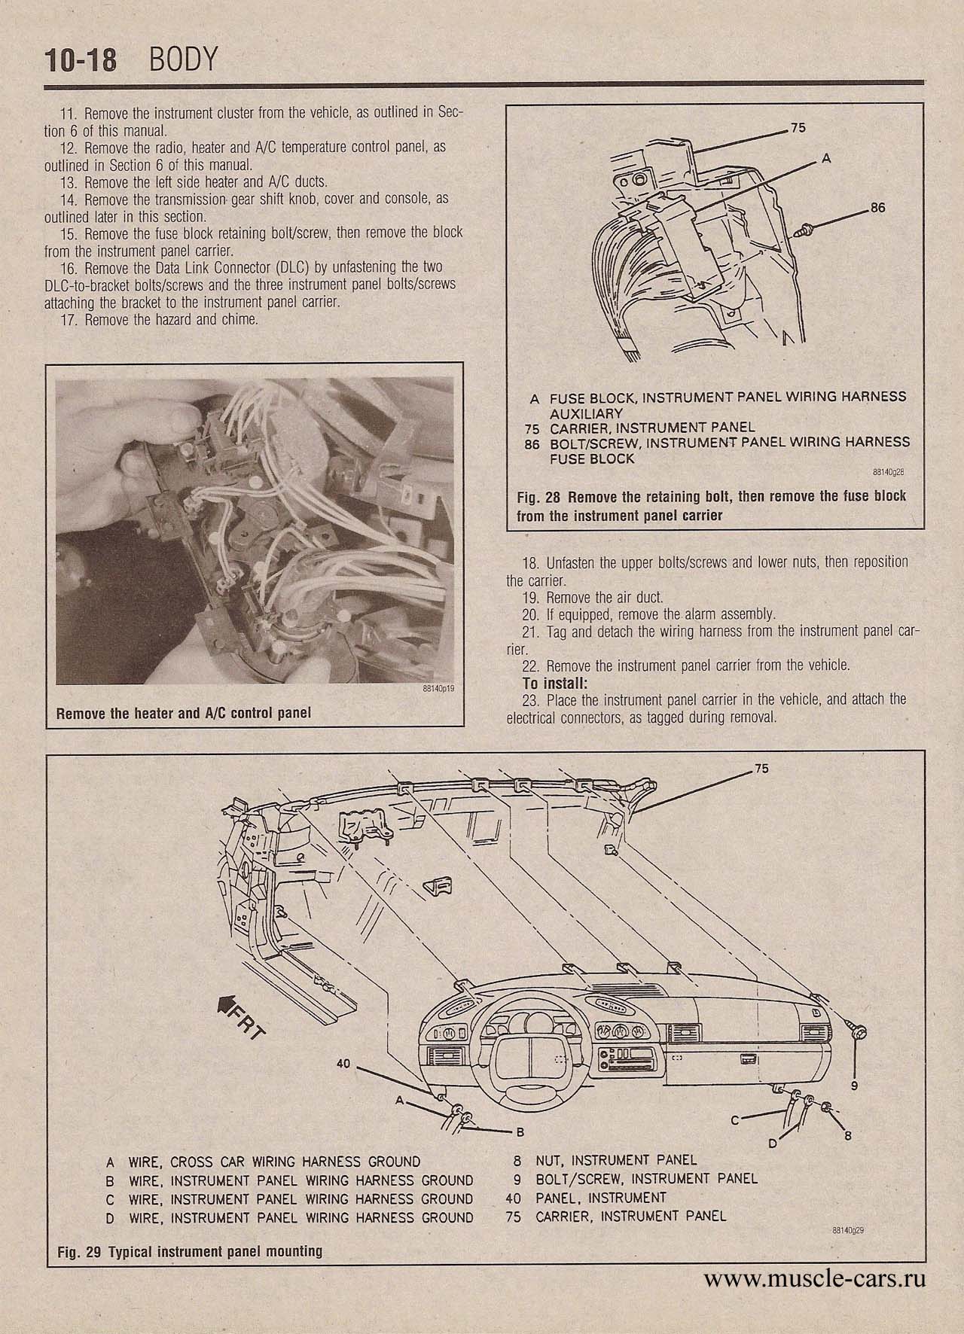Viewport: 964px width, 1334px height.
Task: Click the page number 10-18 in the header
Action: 81,60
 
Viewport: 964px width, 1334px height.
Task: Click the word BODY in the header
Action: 184,59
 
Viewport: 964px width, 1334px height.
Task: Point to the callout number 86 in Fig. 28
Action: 877,209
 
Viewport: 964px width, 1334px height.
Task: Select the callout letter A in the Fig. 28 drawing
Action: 826,159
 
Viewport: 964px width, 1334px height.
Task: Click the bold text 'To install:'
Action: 554,684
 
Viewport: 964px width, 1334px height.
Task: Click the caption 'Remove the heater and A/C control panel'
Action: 184,712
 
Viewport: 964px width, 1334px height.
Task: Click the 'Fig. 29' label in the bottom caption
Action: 80,1252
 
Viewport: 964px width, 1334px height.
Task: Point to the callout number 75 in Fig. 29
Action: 761,770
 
